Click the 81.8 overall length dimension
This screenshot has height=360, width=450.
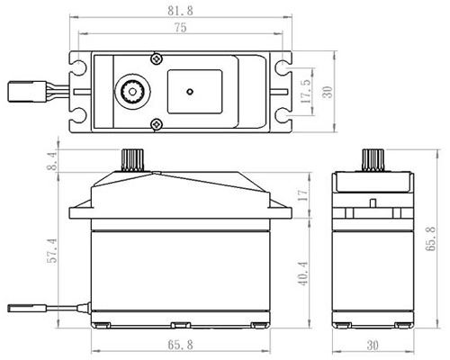pyautogui.click(x=180, y=11)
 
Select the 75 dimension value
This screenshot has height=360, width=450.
pyautogui.click(x=180, y=28)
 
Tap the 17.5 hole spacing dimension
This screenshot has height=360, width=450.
pyautogui.click(x=306, y=89)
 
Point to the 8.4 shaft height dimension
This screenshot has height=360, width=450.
pyautogui.click(x=52, y=161)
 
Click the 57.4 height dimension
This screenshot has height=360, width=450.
pyautogui.click(x=52, y=250)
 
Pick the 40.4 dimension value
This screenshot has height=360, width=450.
pyautogui.click(x=303, y=273)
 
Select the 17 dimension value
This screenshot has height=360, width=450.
pyautogui.click(x=303, y=195)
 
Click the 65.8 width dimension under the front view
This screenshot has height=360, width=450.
pyautogui.click(x=180, y=345)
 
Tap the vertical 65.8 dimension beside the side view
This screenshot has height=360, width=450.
pyautogui.click(x=431, y=238)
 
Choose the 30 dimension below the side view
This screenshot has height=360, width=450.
pyautogui.click(x=373, y=346)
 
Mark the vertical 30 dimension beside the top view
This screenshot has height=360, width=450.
pyautogui.click(x=328, y=92)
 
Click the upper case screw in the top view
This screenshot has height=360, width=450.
pyautogui.click(x=156, y=58)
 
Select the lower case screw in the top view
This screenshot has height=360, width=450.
pyautogui.click(x=156, y=123)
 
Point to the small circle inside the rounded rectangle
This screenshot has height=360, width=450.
pyautogui.click(x=190, y=92)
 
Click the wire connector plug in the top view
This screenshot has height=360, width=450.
pyautogui.click(x=27, y=92)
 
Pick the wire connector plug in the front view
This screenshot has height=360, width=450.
pyautogui.click(x=27, y=308)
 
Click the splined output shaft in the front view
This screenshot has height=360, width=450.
pyautogui.click(x=133, y=160)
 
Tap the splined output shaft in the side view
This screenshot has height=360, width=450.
pyautogui.click(x=373, y=160)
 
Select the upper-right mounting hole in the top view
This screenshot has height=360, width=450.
pyautogui.click(x=283, y=67)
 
